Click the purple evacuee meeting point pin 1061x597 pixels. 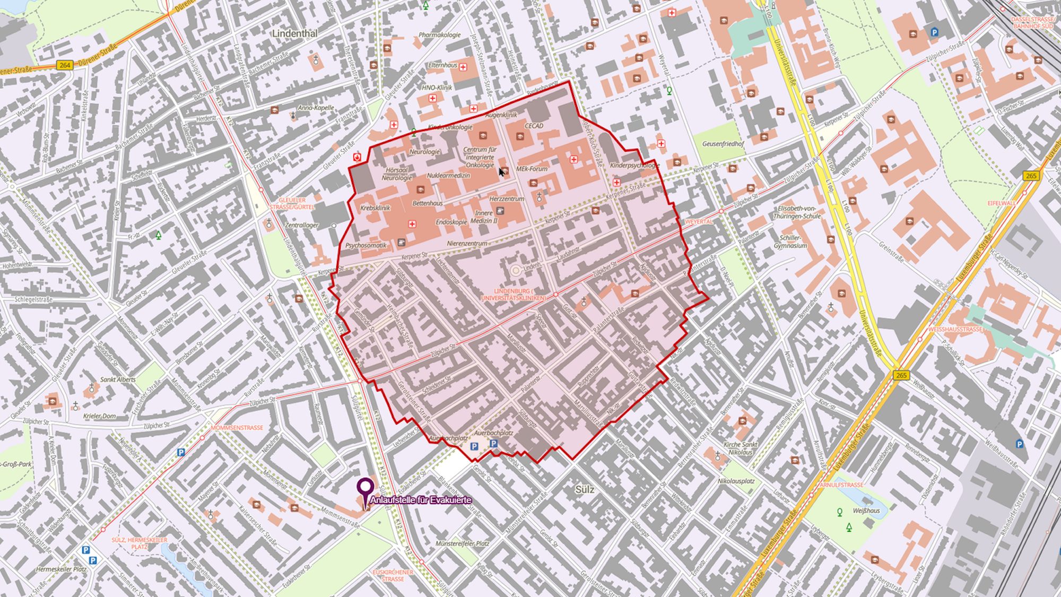(365, 487)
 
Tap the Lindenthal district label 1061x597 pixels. (294, 33)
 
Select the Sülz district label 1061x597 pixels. (585, 489)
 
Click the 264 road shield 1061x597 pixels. (65, 65)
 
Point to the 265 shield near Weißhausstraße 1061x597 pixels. (901, 375)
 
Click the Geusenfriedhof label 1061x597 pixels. (723, 144)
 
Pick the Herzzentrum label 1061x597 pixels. (507, 198)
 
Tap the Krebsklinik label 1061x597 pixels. (375, 208)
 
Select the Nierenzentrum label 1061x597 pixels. (467, 244)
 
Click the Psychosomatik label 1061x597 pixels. (366, 246)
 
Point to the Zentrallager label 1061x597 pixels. (301, 225)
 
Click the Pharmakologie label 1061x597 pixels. (440, 35)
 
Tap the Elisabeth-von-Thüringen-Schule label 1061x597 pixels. (797, 212)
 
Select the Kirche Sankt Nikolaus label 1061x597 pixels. (741, 448)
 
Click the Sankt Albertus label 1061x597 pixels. (118, 379)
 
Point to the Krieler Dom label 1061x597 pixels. (99, 416)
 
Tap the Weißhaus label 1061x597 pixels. (866, 511)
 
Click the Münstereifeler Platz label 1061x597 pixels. (462, 543)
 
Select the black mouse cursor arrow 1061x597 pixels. (501, 171)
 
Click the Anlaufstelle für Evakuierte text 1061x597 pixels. (421, 500)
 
